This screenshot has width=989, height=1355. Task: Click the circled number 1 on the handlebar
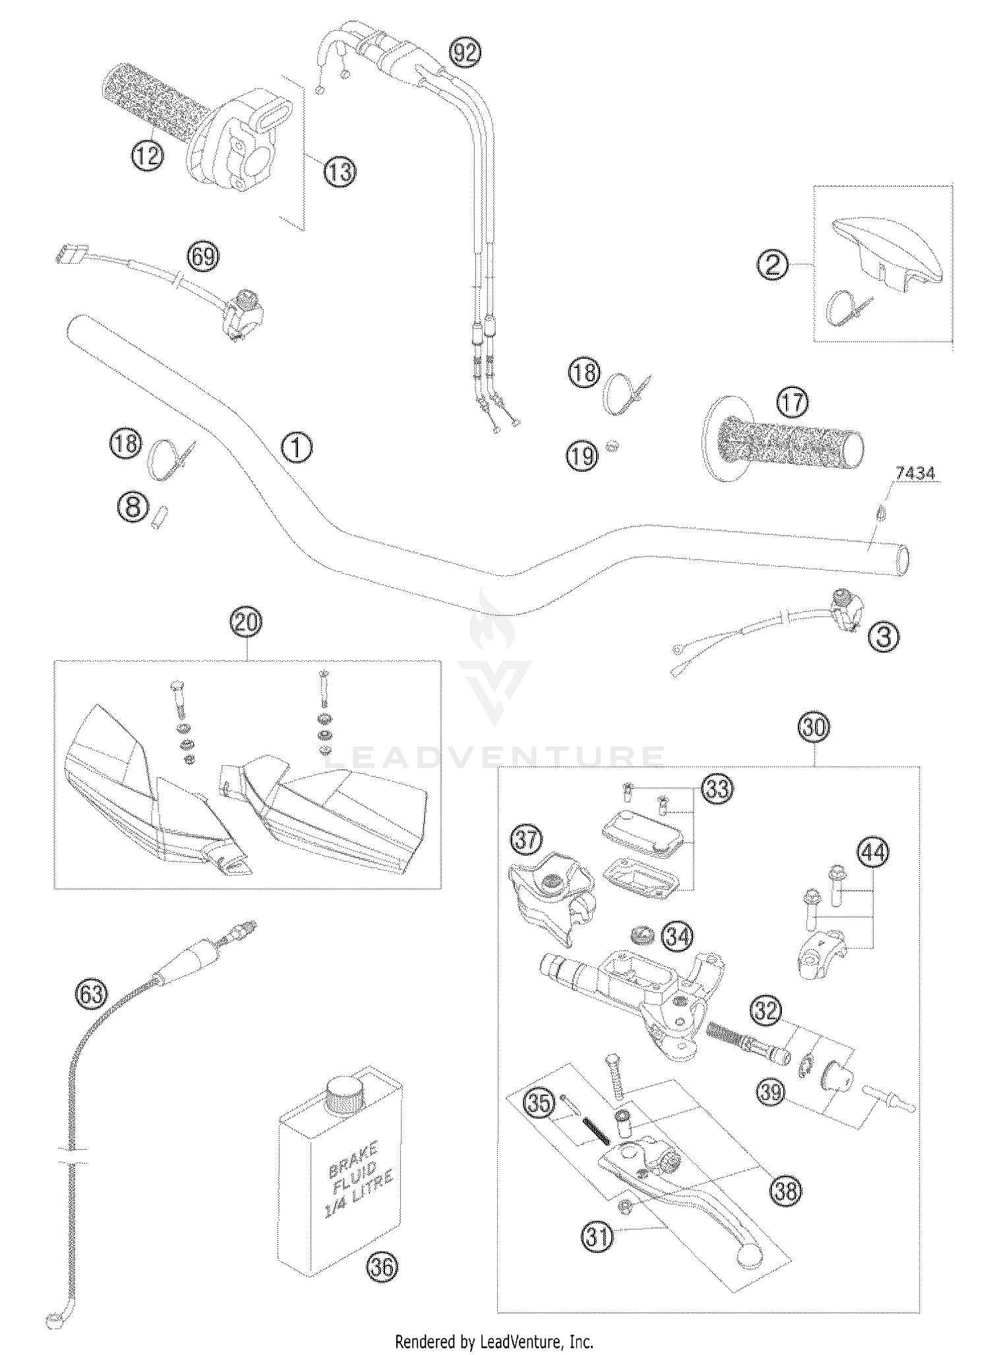point(297,448)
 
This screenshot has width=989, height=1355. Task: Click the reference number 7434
point(914,474)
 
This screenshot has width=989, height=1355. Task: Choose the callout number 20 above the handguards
point(245,622)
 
